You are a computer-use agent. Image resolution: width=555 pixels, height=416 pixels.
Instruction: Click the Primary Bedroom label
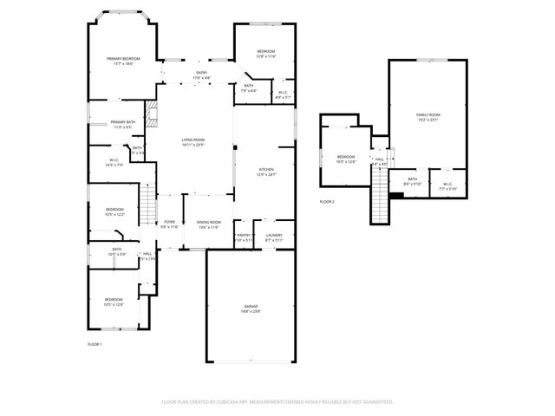(x=123, y=61)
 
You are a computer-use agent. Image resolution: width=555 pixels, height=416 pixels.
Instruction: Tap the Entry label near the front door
(x=201, y=75)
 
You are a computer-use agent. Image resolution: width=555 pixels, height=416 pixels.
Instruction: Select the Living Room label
(x=193, y=142)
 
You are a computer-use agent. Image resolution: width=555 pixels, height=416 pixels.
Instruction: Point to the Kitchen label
(x=266, y=172)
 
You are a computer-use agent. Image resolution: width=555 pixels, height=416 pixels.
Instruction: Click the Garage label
(x=251, y=309)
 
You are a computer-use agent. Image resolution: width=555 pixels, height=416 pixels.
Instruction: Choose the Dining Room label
(x=209, y=224)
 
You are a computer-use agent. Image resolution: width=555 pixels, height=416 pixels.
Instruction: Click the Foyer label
(x=169, y=224)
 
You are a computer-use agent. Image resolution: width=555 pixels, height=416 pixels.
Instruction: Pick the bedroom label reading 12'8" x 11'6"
(x=265, y=54)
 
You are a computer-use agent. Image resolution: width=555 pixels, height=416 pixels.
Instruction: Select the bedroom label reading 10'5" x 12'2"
(x=114, y=211)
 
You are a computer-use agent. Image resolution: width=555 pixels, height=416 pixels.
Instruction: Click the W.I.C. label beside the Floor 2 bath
(x=447, y=185)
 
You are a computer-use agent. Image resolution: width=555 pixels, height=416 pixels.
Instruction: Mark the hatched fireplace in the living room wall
(x=151, y=113)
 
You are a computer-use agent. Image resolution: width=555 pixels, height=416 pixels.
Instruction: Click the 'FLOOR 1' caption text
(x=95, y=345)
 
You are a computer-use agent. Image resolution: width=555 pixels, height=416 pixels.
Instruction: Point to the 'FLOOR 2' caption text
(x=327, y=202)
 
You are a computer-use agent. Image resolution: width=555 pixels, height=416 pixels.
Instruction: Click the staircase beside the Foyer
(x=148, y=207)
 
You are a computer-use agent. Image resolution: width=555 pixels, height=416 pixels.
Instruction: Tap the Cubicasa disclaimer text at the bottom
(x=277, y=402)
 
